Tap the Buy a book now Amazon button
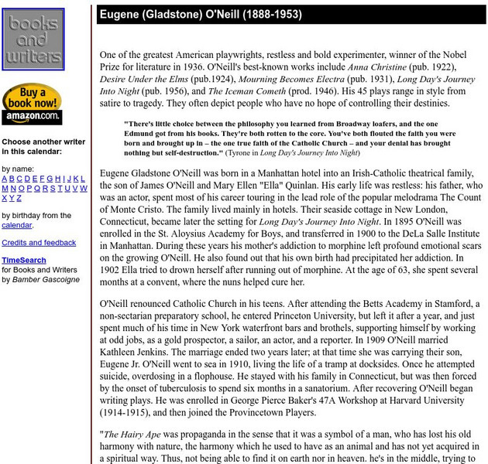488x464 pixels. pos(32,104)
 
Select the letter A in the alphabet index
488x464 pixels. pos(5,179)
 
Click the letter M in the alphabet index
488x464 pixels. pos(5,189)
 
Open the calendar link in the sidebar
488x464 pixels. pos(16,225)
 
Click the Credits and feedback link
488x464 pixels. pos(38,243)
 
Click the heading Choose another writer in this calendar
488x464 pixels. pos(43,147)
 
